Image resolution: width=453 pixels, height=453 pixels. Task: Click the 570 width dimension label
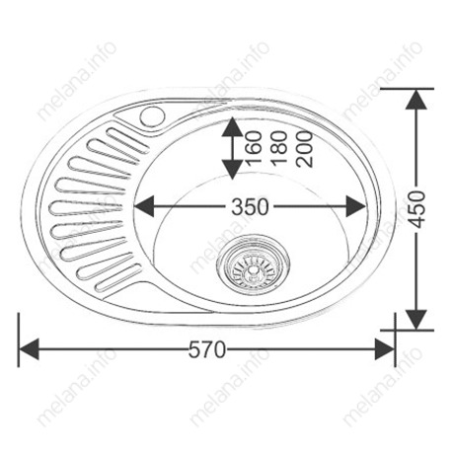[207, 349]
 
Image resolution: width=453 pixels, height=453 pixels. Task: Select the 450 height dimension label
[417, 209]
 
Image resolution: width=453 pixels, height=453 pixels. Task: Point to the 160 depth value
[254, 147]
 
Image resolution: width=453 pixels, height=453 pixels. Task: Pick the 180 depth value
[279, 147]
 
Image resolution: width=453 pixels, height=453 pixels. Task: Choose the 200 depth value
[304, 149]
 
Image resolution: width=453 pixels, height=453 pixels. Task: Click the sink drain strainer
[253, 265]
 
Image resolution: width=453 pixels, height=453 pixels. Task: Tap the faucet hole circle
[152, 116]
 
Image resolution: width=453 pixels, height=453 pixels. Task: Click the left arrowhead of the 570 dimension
[29, 348]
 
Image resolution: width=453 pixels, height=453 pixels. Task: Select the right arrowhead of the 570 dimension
[385, 348]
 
